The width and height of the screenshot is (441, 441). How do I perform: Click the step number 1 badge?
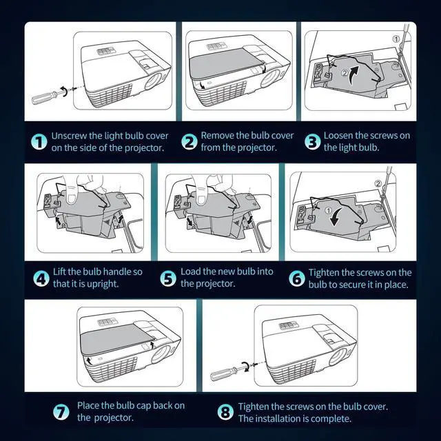click(39, 141)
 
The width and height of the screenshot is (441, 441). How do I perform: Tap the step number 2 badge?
click(189, 141)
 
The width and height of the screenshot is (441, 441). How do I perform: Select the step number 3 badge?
click(312, 141)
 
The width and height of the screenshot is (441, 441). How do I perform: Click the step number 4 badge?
click(41, 278)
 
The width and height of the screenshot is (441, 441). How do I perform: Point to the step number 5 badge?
click(168, 278)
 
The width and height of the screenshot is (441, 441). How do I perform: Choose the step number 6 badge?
click(297, 278)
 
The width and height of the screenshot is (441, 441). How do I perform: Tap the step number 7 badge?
click(61, 412)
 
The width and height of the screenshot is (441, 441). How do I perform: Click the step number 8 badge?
click(225, 412)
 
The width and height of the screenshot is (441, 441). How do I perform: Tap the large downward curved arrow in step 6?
click(337, 217)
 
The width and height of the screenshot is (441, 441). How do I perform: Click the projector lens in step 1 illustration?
click(153, 81)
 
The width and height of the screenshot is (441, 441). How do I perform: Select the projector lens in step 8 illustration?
click(338, 356)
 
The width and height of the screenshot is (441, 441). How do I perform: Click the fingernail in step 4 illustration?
click(72, 199)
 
